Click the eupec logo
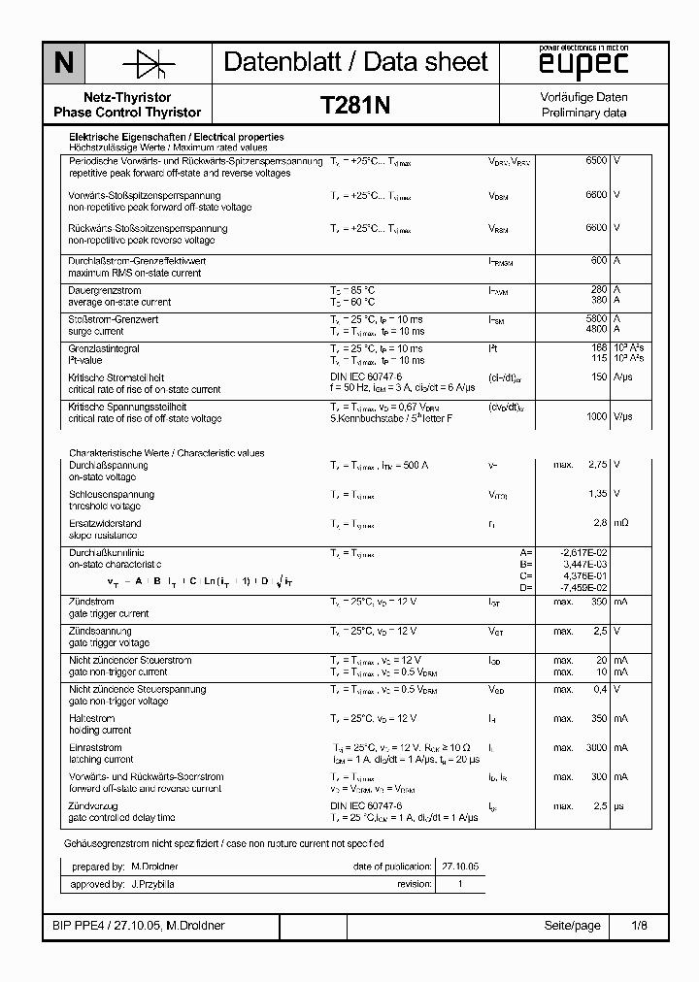(584, 64)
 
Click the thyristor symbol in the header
(148, 64)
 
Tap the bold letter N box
(63, 64)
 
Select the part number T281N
(355, 106)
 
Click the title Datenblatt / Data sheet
(355, 63)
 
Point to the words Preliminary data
(583, 114)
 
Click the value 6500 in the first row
(596, 161)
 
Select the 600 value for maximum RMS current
(599, 261)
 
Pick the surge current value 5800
(596, 319)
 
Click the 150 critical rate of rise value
(599, 377)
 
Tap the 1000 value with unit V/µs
(596, 416)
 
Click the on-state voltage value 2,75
(597, 466)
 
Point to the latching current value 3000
(596, 748)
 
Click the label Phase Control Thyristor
(128, 113)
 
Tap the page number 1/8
(638, 926)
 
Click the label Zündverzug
(94, 806)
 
